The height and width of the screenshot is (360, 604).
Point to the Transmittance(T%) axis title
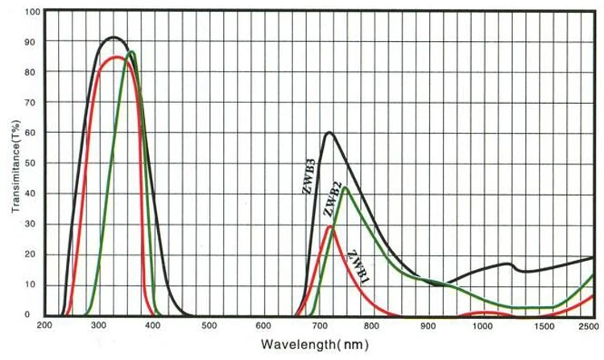point(15,164)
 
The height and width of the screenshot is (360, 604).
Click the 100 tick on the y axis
point(31,12)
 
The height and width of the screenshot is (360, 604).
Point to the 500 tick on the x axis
point(209,326)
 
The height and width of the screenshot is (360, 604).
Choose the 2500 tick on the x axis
point(590,326)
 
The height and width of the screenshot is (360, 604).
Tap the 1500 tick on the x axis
point(535,326)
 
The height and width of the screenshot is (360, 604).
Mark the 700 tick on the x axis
point(318,326)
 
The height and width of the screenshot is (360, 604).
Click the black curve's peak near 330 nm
point(113,37)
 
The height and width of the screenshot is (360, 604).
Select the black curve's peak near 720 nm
point(329,132)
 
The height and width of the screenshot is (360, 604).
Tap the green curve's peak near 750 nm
point(345,188)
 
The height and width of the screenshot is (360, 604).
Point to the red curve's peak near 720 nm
point(329,226)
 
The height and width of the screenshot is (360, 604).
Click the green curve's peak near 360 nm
point(130,52)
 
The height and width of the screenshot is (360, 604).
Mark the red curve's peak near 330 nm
point(116,56)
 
